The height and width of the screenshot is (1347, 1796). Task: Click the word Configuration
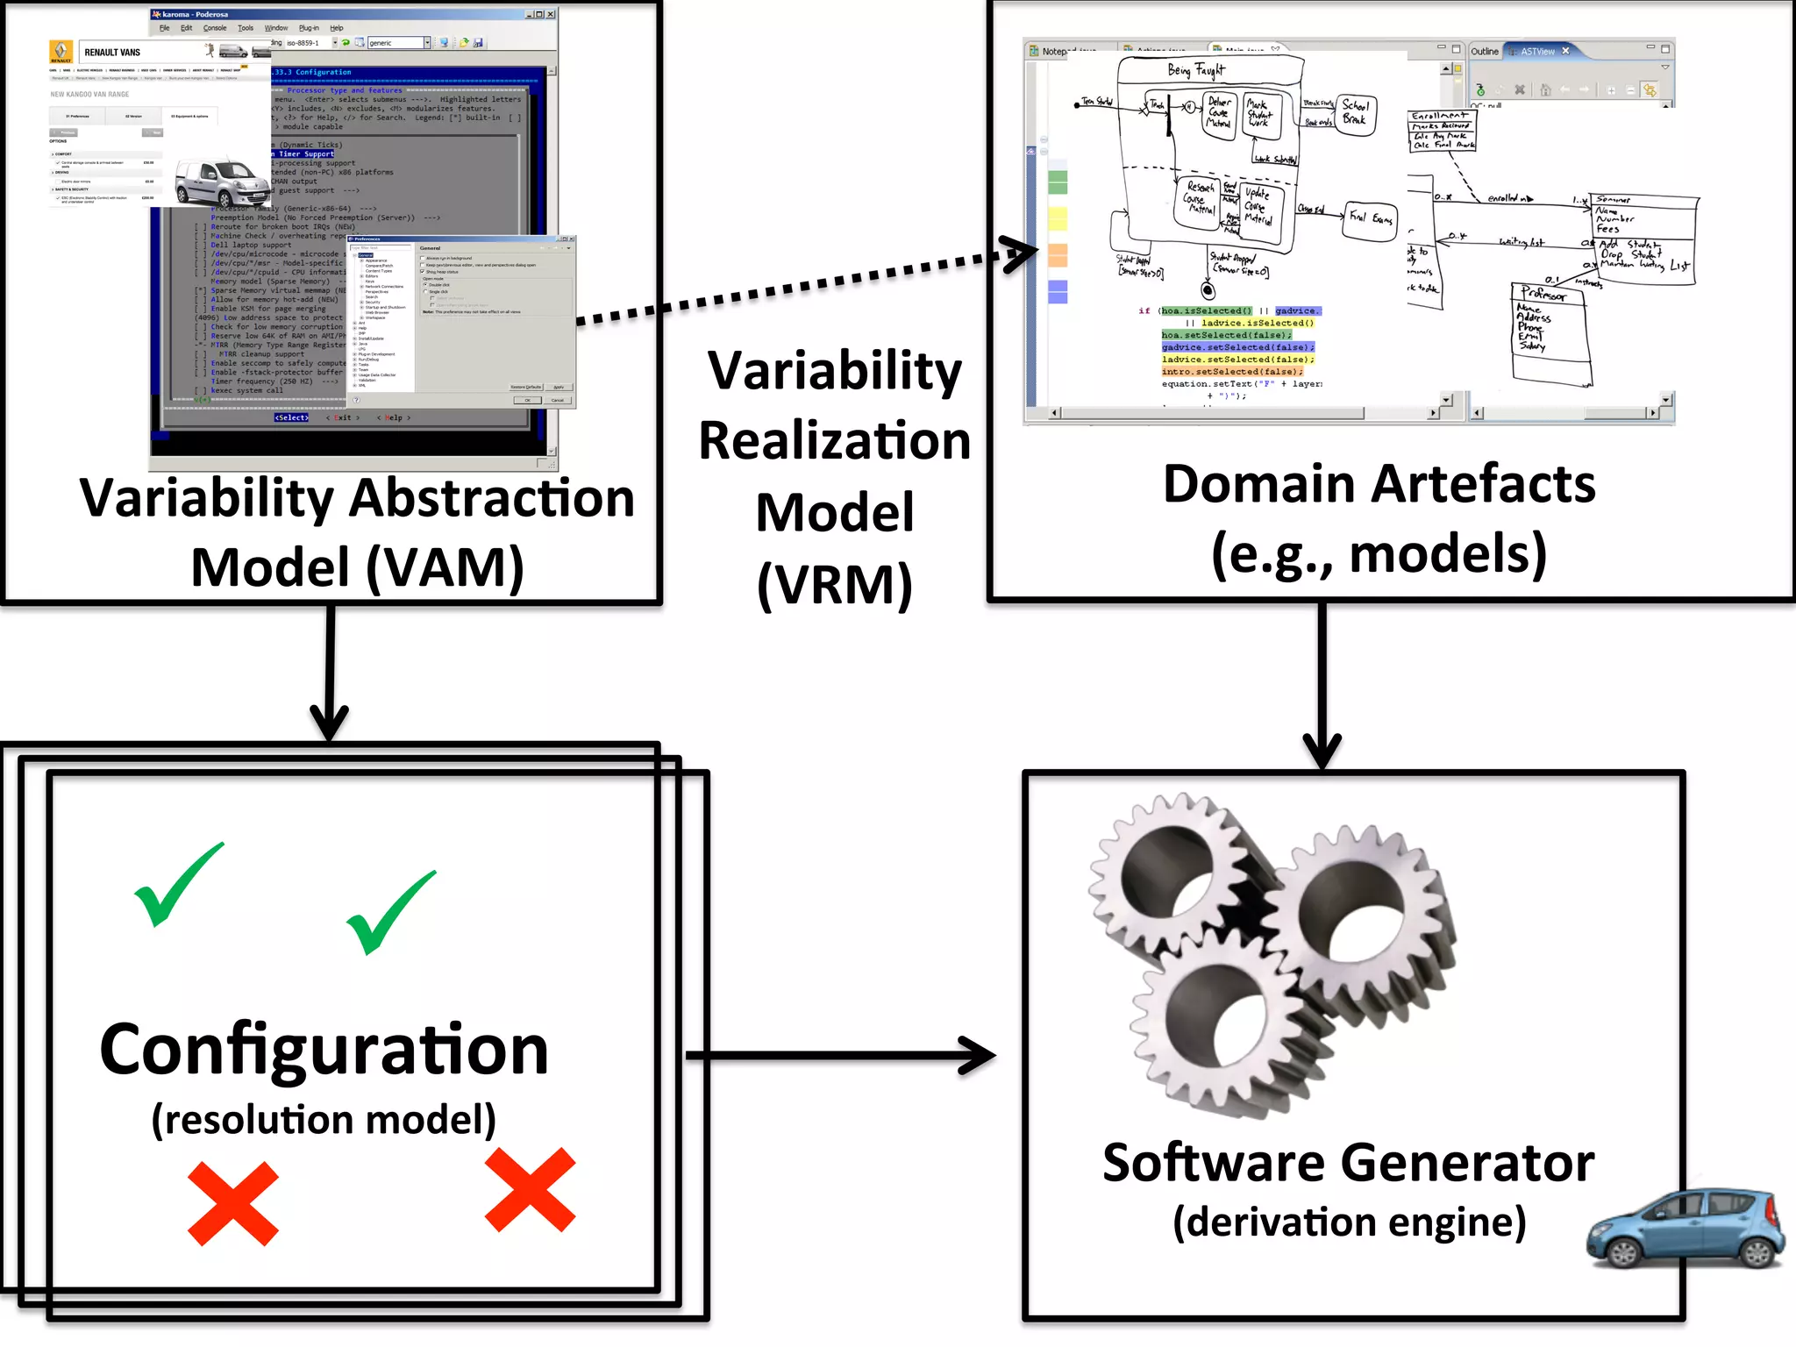point(324,1050)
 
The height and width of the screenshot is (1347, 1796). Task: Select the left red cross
point(232,1203)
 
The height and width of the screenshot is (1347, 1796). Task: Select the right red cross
point(530,1190)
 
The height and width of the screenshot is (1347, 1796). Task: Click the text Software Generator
point(1348,1164)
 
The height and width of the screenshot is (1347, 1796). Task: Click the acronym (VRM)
point(834,585)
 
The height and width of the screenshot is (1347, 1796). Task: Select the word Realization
point(834,440)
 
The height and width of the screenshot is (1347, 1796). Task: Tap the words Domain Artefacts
point(1379,484)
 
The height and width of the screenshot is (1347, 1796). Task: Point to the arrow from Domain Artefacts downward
point(1322,684)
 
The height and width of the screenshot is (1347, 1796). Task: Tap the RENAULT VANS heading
point(112,53)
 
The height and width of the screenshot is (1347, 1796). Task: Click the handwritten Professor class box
point(1550,333)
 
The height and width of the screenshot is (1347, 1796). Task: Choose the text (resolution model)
point(324,1120)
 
